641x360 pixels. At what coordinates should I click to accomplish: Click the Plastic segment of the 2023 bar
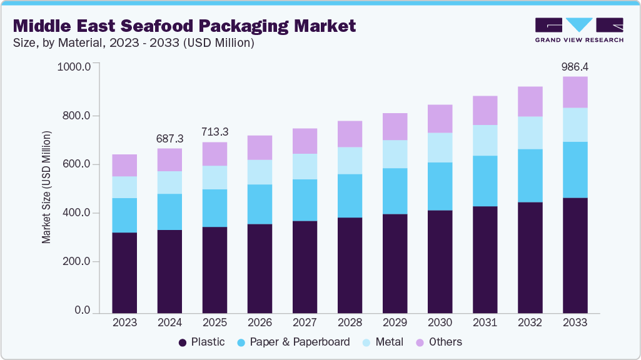(x=124, y=272)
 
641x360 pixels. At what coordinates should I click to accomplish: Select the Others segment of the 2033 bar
(x=575, y=92)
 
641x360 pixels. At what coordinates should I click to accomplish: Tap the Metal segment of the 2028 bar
(x=350, y=161)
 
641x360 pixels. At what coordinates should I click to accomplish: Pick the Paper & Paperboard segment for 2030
(x=440, y=186)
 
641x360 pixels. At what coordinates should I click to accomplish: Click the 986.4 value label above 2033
(x=575, y=66)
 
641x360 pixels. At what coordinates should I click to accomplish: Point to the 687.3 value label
(x=169, y=137)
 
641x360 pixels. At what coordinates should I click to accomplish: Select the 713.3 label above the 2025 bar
(x=215, y=132)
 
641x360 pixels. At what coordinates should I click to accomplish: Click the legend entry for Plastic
(x=201, y=342)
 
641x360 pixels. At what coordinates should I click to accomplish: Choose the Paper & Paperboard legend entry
(x=300, y=342)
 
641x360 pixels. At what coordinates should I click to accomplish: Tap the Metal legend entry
(x=388, y=342)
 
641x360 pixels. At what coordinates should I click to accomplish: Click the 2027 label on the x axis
(x=305, y=322)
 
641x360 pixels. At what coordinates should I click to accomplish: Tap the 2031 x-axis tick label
(x=485, y=322)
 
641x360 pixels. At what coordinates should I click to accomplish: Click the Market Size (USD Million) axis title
(x=48, y=187)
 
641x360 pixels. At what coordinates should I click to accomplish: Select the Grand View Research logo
(x=579, y=30)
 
